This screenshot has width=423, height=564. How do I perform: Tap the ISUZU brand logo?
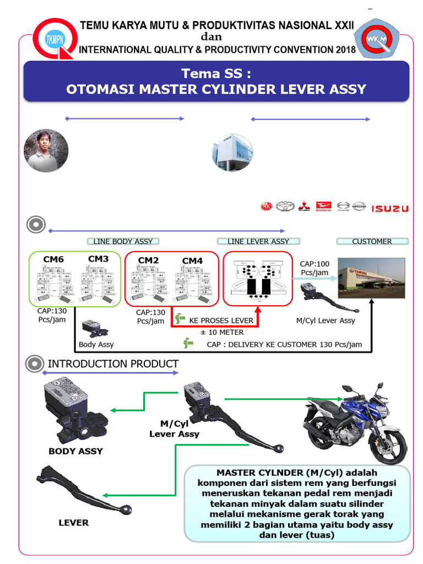point(389,208)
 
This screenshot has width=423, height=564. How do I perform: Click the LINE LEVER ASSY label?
point(258,241)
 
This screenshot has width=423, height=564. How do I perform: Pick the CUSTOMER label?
point(372,241)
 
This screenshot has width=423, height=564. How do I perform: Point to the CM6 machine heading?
point(53,259)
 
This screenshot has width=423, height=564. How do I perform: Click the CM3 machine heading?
point(98,259)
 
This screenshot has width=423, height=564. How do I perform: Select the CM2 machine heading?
point(149,261)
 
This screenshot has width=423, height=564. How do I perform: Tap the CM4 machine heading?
point(193,261)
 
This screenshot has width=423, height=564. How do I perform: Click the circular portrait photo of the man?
point(46,150)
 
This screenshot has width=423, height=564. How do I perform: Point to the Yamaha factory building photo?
point(371,279)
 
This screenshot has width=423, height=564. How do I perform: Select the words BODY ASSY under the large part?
point(76,451)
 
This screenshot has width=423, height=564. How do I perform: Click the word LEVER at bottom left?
point(73,522)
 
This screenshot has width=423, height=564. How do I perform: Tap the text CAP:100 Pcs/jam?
point(314,268)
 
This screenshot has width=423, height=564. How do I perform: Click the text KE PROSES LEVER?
point(221,321)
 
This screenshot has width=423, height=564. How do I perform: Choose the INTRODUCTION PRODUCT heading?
point(113,364)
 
